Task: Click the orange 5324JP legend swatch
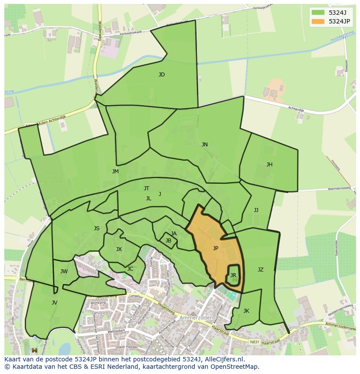(318, 21)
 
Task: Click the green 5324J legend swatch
(318, 12)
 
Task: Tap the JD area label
(162, 75)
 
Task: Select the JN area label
(204, 145)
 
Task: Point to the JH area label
(270, 165)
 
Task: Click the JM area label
(115, 172)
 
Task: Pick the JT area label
(147, 189)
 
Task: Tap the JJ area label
(256, 210)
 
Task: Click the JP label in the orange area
(216, 248)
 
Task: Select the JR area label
(233, 275)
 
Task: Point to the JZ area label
(260, 270)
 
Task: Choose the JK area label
(246, 311)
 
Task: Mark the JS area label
(97, 228)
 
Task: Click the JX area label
(119, 249)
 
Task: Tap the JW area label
(64, 272)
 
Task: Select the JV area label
(54, 303)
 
